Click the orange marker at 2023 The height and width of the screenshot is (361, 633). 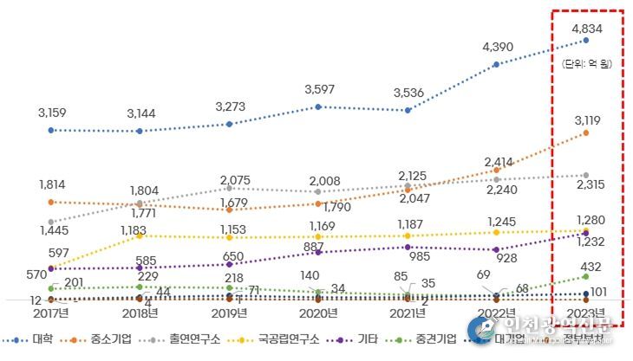tap(587, 132)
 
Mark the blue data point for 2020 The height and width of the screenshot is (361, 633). tap(318, 106)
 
